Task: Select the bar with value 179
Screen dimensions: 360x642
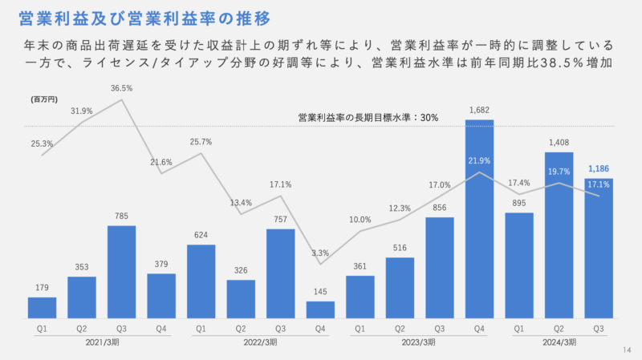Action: [42, 309]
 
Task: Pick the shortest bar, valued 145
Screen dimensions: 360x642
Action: [320, 310]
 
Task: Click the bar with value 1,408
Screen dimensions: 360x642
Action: [559, 236]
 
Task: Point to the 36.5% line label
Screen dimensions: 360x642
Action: [122, 88]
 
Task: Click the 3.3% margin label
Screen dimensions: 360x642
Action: [320, 253]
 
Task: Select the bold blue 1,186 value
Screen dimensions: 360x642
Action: [599, 169]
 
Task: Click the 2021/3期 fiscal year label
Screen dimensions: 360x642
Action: [101, 342]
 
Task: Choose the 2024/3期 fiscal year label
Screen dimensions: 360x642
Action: [559, 342]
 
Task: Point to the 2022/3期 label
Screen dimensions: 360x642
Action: [260, 342]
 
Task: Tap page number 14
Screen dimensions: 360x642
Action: [627, 350]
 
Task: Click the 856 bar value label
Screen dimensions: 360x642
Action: [439, 208]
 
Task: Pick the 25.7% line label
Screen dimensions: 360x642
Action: [201, 142]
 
